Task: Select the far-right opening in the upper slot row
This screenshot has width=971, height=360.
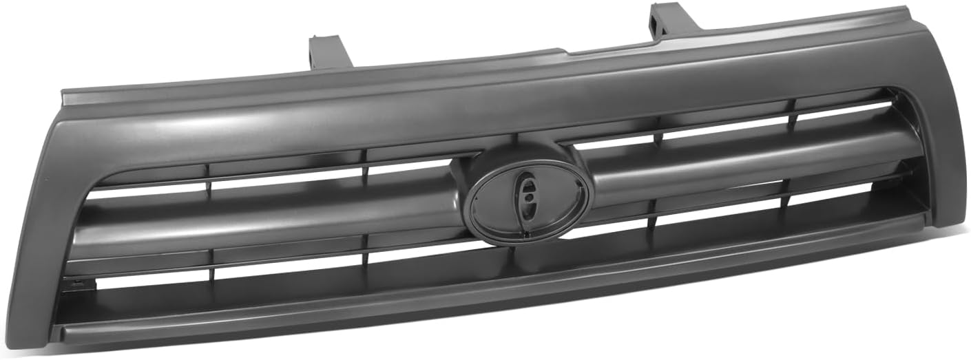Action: click(844, 110)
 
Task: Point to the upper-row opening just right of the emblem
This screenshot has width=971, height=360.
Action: click(613, 142)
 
